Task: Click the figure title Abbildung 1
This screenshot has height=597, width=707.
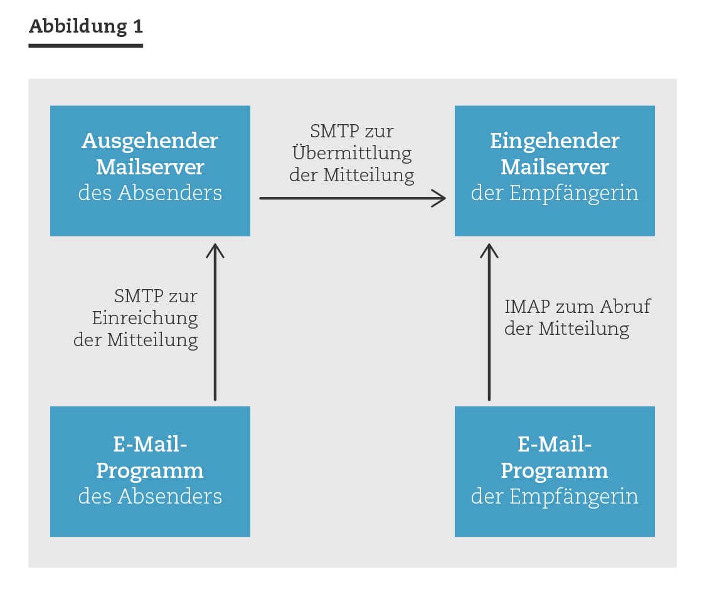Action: (x=86, y=26)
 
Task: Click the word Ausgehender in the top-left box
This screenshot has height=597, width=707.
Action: (x=150, y=140)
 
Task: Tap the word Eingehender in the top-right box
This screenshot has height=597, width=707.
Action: (x=555, y=141)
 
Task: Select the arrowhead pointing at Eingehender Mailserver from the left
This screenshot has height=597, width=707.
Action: (x=439, y=198)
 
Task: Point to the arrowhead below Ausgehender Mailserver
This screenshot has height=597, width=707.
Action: (x=215, y=251)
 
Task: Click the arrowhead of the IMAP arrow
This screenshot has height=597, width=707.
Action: (x=489, y=251)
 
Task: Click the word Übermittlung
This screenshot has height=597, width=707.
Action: (x=352, y=153)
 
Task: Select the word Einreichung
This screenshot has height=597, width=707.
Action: (x=145, y=318)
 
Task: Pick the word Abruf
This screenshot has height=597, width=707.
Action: (x=625, y=307)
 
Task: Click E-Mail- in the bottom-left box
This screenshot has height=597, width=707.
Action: (x=150, y=444)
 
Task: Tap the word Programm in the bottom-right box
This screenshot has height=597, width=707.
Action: (x=555, y=472)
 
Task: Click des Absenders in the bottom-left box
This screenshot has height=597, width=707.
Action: (x=150, y=497)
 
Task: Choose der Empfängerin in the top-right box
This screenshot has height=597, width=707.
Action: (x=555, y=193)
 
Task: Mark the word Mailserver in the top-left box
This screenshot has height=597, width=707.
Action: (x=150, y=167)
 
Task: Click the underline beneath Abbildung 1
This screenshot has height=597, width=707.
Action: (x=86, y=46)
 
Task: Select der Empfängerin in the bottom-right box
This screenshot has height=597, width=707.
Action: (x=555, y=497)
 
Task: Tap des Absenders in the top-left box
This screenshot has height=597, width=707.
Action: (x=150, y=193)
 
